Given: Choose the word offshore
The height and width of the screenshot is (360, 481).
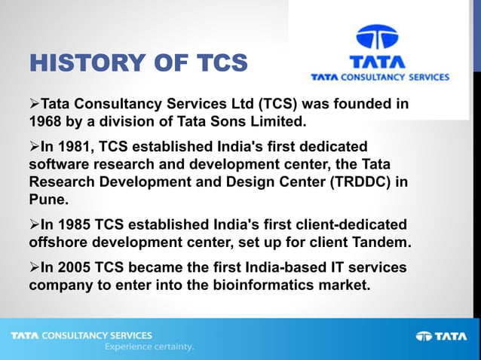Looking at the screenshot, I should click(x=60, y=243).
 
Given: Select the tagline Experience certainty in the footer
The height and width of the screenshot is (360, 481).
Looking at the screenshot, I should click(x=149, y=347).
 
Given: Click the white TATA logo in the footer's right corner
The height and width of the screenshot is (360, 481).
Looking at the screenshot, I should click(x=442, y=336).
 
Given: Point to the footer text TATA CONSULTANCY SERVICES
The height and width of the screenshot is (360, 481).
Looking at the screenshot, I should click(x=81, y=335).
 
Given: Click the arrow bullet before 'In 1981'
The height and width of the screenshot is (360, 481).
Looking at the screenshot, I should click(x=35, y=146).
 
